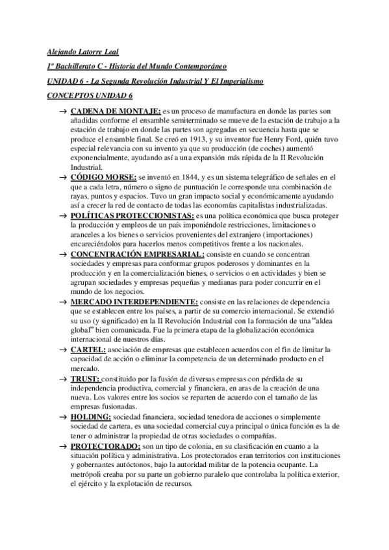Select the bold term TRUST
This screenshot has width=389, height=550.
tap(85, 377)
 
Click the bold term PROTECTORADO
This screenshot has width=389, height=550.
tap(105, 447)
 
